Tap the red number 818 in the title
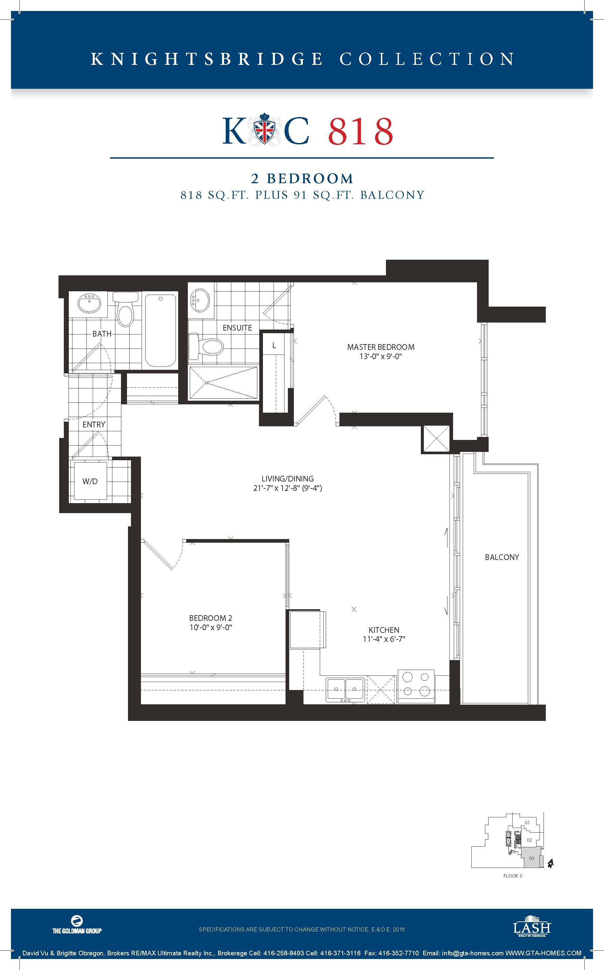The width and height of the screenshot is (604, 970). click(361, 131)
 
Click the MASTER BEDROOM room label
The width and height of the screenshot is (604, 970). click(381, 347)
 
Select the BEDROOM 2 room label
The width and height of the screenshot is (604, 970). click(210, 618)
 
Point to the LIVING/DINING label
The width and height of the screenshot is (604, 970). click(288, 479)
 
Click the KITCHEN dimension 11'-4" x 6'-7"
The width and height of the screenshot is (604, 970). click(384, 639)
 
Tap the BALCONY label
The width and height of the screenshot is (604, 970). click(502, 557)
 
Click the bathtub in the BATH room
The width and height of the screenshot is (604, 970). click(160, 331)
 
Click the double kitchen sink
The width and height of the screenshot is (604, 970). click(345, 690)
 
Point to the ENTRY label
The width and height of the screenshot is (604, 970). click(94, 425)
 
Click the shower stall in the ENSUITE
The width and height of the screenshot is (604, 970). click(223, 382)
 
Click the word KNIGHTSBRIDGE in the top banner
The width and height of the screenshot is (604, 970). click(206, 59)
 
